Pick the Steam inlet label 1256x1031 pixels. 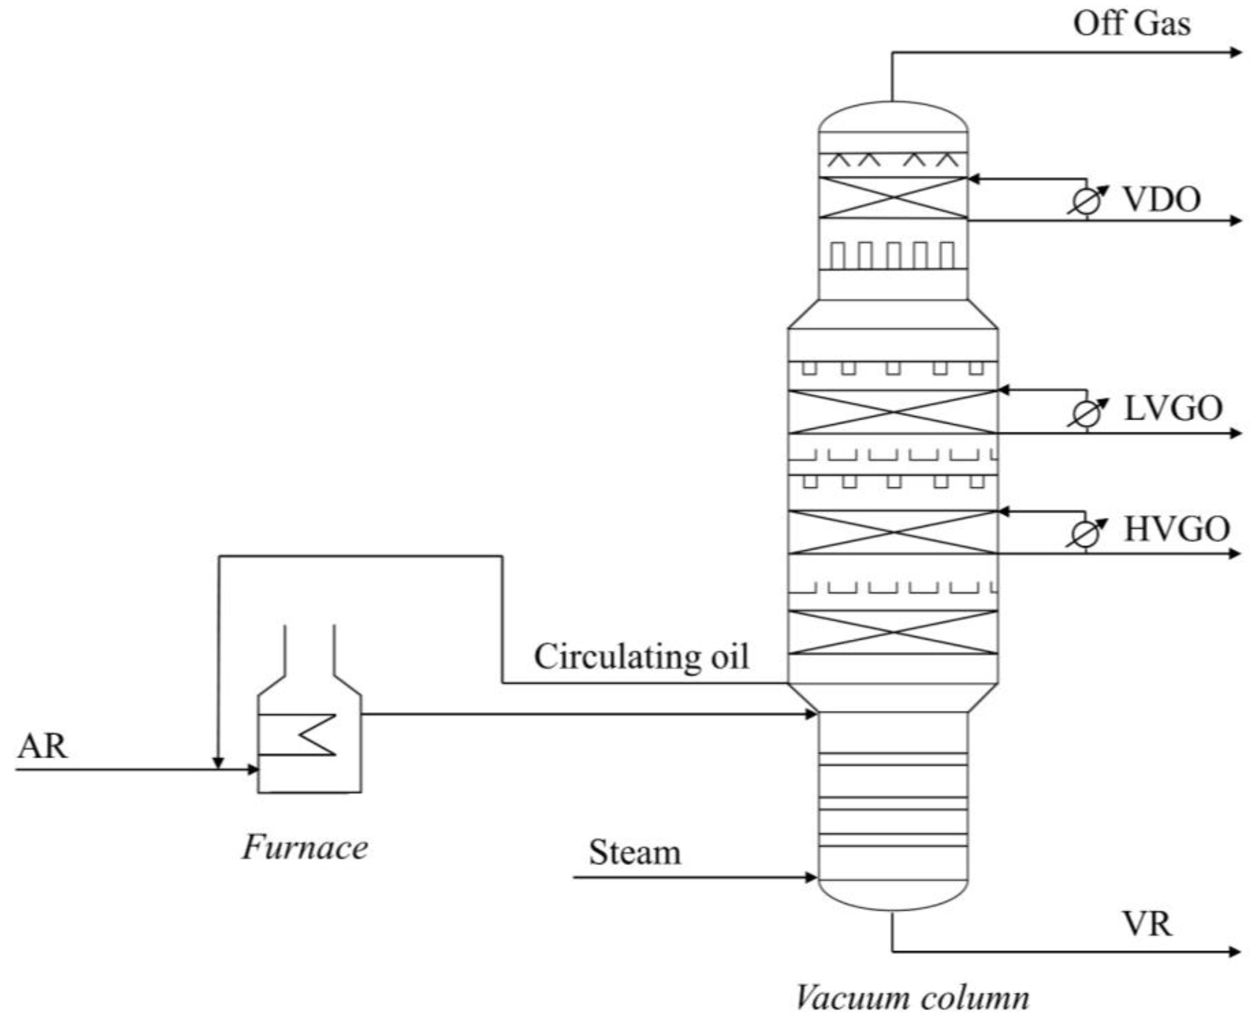pyautogui.click(x=635, y=853)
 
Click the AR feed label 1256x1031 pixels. pyautogui.click(x=42, y=746)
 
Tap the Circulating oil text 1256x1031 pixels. pyautogui.click(x=641, y=657)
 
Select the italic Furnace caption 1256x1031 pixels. pyautogui.click(x=304, y=847)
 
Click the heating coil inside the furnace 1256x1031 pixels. pyautogui.click(x=309, y=735)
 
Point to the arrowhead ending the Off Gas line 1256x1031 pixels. pyautogui.click(x=1235, y=52)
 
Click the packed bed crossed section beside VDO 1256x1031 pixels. pyautogui.click(x=893, y=197)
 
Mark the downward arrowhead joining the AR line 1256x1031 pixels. pyautogui.click(x=218, y=763)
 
